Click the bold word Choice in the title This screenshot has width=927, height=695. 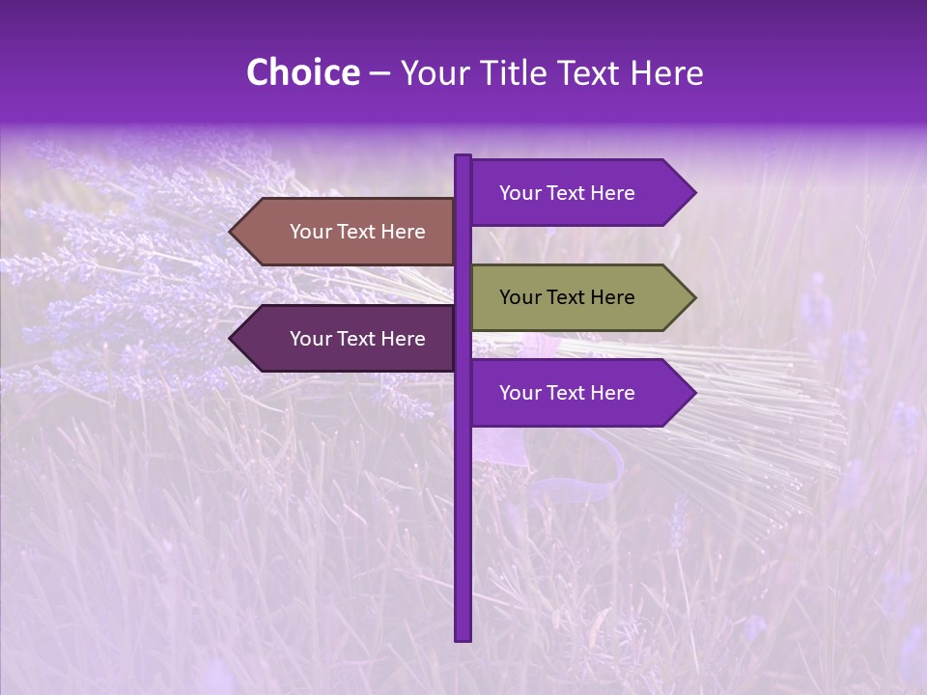click(302, 72)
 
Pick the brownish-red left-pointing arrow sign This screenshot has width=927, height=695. click(348, 232)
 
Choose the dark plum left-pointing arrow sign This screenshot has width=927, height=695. click(348, 339)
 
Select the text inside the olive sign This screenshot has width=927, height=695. click(567, 297)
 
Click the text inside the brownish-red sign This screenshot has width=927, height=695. click(357, 232)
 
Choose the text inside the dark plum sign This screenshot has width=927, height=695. click(357, 339)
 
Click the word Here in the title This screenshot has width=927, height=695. click(667, 72)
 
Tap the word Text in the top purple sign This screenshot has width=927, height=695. click(567, 193)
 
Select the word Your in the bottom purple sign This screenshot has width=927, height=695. click(520, 393)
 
